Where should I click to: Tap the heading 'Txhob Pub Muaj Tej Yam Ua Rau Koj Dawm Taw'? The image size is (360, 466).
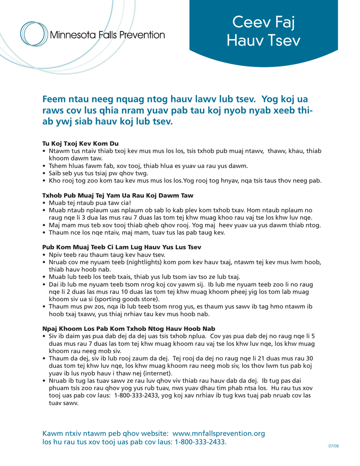(x=118, y=195)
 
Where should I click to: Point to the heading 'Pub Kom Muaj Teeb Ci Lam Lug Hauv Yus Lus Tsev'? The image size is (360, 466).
(x=122, y=247)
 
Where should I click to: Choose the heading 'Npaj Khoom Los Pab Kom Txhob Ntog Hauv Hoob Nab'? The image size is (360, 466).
(x=128, y=328)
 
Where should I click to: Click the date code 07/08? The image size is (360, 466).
(x=334, y=446)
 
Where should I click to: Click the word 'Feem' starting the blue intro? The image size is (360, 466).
(x=55, y=99)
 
